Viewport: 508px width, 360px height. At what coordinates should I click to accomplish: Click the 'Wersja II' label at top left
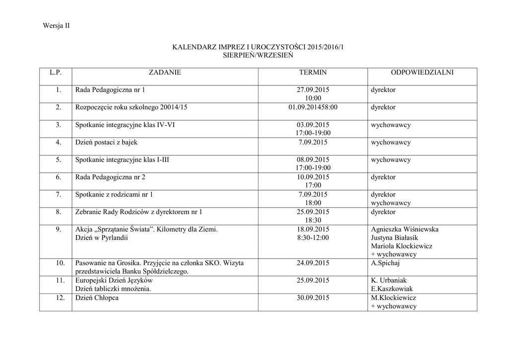pos(56,26)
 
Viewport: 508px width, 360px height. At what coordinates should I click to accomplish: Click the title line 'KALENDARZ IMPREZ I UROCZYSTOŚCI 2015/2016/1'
pos(257,47)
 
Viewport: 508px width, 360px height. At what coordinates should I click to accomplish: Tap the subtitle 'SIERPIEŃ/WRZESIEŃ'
pos(258,56)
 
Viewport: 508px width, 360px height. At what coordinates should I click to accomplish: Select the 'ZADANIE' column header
pos(165,72)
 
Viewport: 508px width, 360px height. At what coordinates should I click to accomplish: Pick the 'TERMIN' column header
pos(313,72)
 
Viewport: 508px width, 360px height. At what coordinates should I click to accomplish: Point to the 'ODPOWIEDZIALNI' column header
pos(422,72)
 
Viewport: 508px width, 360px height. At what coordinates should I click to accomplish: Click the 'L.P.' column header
pos(56,72)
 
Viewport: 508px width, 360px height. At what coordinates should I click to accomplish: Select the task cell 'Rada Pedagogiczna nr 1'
pos(110,90)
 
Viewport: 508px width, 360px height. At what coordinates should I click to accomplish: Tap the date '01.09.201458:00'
pos(313,107)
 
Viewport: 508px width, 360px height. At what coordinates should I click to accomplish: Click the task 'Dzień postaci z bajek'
pos(106,143)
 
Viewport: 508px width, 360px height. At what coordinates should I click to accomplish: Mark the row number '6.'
pos(59,177)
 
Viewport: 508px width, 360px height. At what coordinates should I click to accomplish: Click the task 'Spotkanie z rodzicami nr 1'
pos(114,195)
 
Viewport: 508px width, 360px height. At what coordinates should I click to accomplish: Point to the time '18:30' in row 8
pos(313,220)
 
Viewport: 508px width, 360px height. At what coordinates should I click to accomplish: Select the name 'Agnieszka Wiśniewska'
pos(404,229)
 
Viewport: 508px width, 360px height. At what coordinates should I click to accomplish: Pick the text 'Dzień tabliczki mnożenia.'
pos(113,289)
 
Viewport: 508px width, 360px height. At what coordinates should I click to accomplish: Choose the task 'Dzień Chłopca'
pos(97,298)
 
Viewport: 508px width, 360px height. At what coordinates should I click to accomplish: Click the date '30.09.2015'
pos(313,298)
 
